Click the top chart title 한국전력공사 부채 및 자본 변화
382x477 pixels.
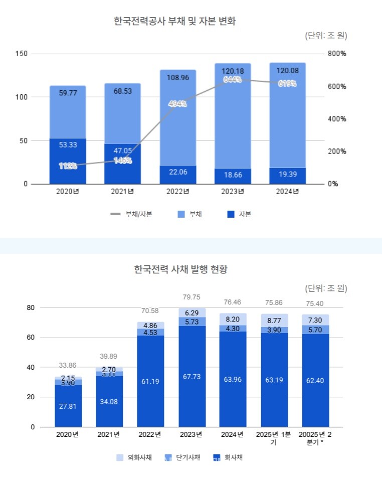174,22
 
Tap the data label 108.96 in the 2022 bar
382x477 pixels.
178,78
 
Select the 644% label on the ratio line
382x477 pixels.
233,80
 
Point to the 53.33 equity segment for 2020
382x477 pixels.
68,145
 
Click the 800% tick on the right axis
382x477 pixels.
337,54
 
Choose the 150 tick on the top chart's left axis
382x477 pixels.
22,54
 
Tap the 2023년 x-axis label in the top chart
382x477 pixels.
233,191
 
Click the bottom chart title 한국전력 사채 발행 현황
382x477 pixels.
180,269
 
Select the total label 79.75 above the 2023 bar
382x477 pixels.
192,297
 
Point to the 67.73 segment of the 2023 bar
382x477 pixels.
192,377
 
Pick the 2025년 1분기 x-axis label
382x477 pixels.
274,438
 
